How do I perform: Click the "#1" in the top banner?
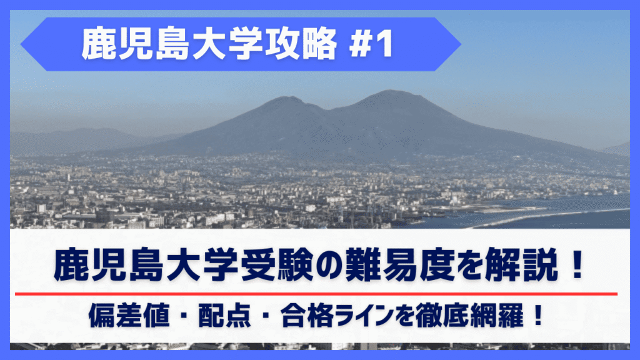click(371, 44)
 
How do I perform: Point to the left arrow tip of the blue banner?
click(21, 44)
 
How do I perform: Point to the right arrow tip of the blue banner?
click(461, 44)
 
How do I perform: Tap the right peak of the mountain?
click(390, 91)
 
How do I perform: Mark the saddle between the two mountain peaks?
click(326, 109)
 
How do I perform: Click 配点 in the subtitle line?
click(224, 316)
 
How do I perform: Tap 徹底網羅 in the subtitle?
click(469, 316)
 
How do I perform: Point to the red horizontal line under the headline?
click(316, 294)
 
